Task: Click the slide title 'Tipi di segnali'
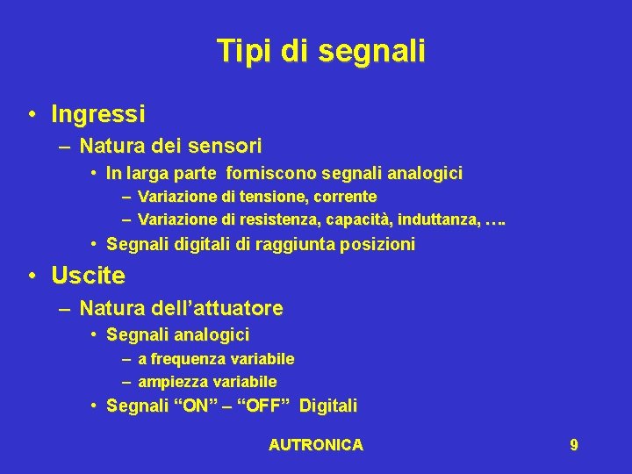pos(321,51)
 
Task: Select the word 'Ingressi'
pos(98,114)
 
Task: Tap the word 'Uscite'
pos(88,276)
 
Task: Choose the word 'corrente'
pos(345,197)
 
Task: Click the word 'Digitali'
pos(328,406)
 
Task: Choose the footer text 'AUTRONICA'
pos(315,445)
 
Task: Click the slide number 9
pos(573,445)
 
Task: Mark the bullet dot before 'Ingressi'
pos(32,115)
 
